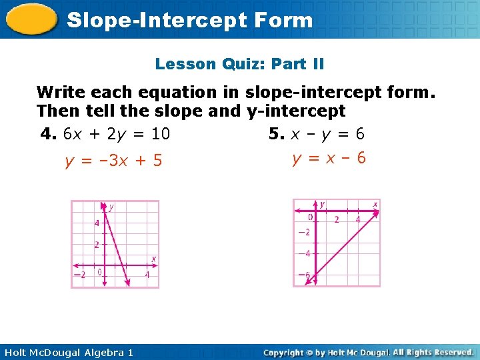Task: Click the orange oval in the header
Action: pos(32,19)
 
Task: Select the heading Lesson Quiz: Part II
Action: pos(239,64)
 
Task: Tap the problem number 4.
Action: pos(47,134)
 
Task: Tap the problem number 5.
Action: pos(275,134)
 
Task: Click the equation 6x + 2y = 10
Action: pos(117,134)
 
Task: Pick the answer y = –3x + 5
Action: pos(113,161)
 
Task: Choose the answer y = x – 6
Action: pos(329,159)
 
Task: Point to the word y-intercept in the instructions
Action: pos(296,111)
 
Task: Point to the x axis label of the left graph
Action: pos(153,259)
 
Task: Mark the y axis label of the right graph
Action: pos(322,204)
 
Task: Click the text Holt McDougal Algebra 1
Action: pos(67,352)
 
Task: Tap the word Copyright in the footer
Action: pos(283,352)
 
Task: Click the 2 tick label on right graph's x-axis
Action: pos(336,219)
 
